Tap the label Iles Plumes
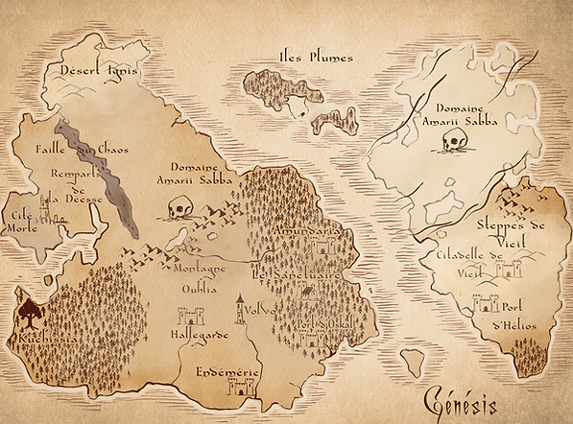pyautogui.click(x=315, y=57)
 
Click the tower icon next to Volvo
pyautogui.click(x=240, y=307)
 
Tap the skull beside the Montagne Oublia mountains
pyautogui.click(x=179, y=207)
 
